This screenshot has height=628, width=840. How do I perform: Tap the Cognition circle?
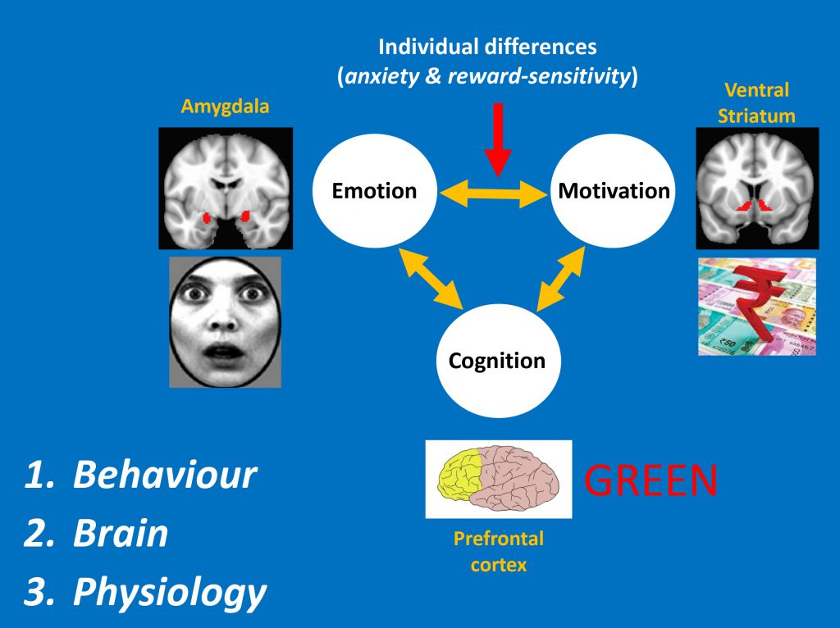point(497,362)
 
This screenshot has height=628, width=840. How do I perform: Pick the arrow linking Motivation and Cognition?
point(561,280)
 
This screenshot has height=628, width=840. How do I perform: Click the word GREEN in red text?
point(652,480)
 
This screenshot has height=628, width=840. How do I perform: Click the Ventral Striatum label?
point(756,102)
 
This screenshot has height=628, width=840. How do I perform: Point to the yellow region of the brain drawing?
point(459,475)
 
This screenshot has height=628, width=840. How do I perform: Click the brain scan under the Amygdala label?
point(225,189)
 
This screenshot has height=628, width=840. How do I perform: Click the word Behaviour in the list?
point(165,475)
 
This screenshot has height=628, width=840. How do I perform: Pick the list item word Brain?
point(121,534)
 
